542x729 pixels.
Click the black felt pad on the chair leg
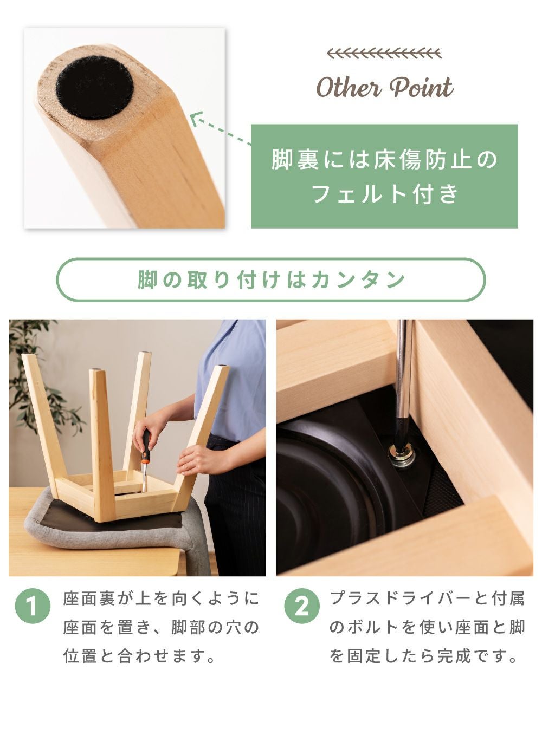(x=95, y=87)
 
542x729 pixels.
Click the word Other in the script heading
(x=349, y=87)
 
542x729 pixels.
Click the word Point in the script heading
(x=422, y=87)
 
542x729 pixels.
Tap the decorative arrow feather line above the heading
(x=384, y=53)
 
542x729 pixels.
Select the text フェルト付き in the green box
(x=384, y=193)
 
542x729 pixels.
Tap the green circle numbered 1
(x=33, y=606)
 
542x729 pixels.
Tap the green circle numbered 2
(x=302, y=606)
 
